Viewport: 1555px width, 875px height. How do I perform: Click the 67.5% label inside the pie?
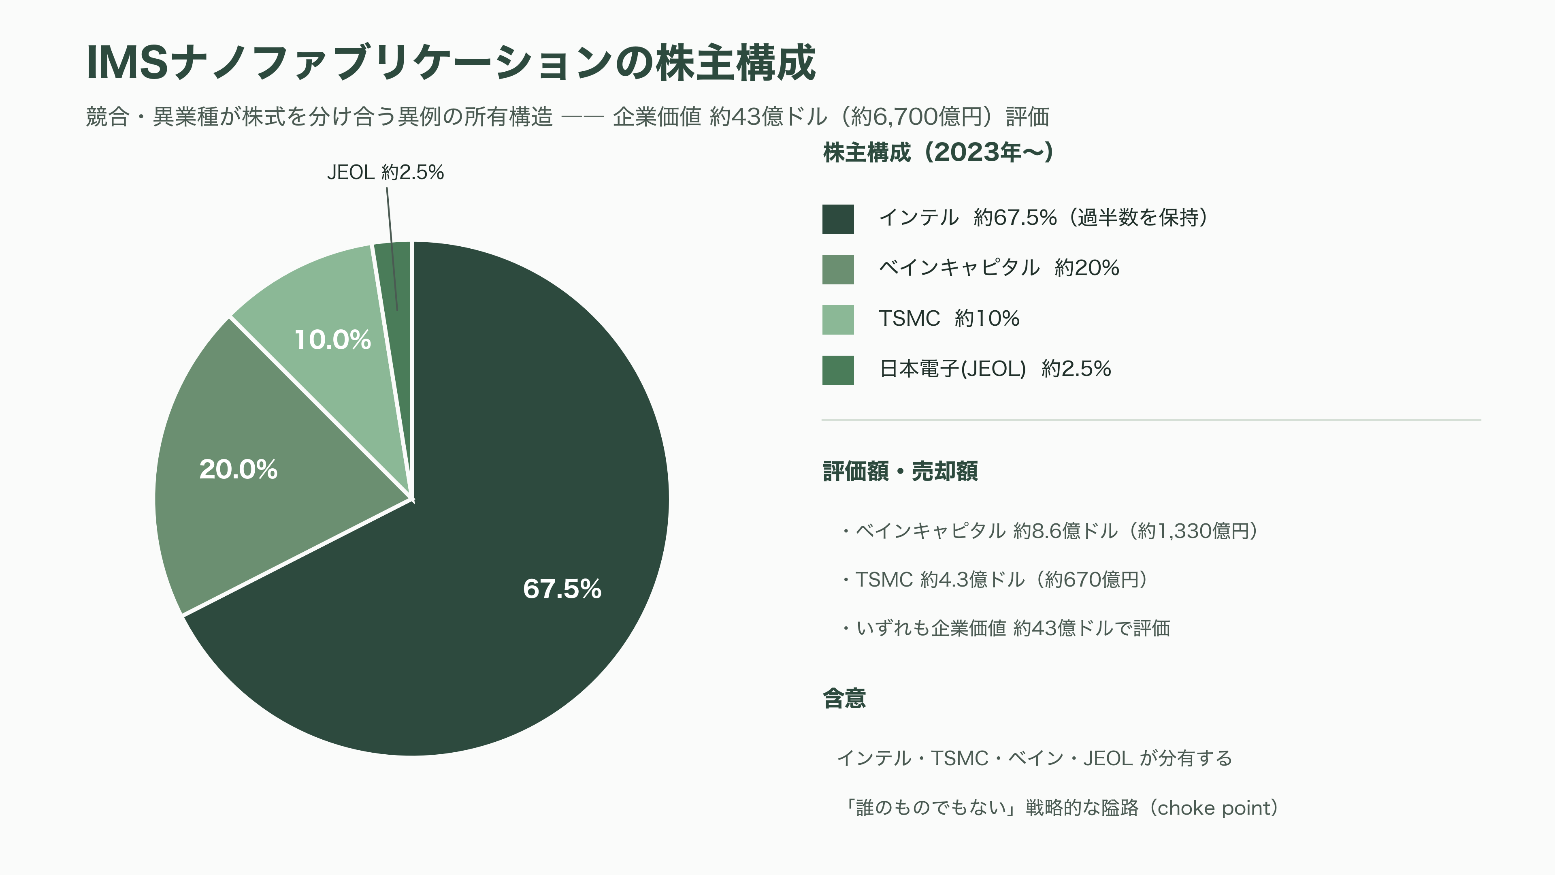[x=562, y=589]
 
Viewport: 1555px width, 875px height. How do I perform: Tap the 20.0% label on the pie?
[x=239, y=469]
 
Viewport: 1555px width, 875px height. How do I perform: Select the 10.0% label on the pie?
[x=332, y=339]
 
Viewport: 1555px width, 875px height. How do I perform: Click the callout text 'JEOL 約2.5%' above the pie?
[x=385, y=172]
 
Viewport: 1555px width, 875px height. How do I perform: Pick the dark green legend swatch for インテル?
[x=838, y=219]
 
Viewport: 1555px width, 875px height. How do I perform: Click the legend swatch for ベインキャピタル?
[x=838, y=269]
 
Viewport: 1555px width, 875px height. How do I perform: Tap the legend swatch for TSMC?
[x=838, y=320]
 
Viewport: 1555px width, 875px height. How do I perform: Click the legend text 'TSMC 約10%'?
[x=949, y=318]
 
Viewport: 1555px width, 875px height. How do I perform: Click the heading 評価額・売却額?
[x=900, y=471]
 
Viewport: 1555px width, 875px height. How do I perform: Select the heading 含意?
[x=844, y=698]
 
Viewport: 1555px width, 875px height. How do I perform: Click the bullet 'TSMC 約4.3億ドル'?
[x=994, y=580]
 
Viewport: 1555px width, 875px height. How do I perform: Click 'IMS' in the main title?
[x=127, y=62]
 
